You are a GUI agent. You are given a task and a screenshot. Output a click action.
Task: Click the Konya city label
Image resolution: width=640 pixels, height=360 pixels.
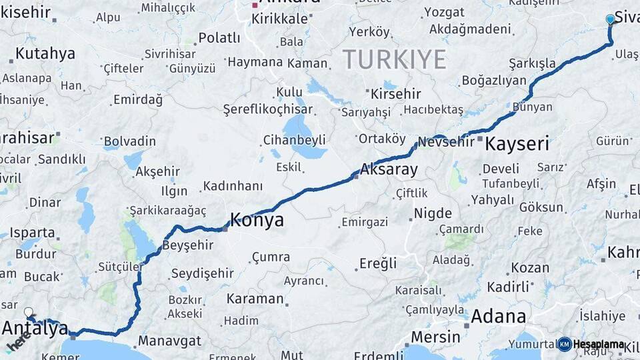257,220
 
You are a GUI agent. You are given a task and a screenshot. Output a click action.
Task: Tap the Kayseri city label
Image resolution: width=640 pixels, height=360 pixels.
517,143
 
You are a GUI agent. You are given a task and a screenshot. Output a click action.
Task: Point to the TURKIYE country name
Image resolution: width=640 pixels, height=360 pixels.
395,60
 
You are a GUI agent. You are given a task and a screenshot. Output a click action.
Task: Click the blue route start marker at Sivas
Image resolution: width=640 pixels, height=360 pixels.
610,19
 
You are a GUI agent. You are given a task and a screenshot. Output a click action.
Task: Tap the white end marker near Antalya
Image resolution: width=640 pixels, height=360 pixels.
29,311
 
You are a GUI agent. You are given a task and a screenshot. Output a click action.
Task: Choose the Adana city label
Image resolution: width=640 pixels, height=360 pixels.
498,316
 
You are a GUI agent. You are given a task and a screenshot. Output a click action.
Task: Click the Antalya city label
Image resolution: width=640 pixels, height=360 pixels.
35,327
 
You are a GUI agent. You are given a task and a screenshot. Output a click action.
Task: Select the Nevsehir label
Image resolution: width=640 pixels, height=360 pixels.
446,142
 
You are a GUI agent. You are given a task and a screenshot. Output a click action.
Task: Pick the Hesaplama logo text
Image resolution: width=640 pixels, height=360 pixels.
599,344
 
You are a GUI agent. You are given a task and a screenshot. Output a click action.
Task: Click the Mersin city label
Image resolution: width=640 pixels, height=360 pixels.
435,337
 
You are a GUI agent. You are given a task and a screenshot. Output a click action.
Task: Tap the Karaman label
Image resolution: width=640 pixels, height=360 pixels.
255,299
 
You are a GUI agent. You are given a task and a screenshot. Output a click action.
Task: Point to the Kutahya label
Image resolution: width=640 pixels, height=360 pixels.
45,54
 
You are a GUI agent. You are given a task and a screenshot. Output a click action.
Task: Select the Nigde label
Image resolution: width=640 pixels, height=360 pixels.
433,213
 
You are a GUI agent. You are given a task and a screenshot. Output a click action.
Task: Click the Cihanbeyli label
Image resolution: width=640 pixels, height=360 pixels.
294,140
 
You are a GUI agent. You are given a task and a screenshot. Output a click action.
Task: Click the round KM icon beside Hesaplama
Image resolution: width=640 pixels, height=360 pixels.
565,344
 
